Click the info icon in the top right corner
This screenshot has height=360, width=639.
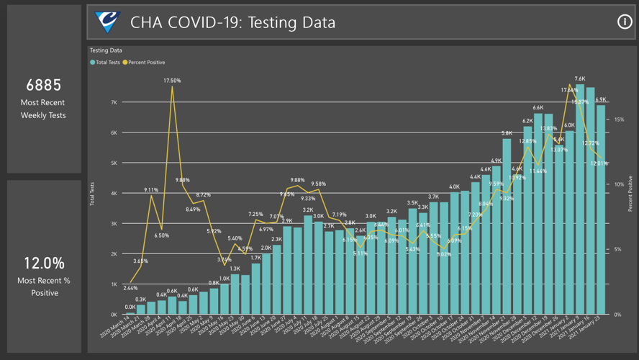[x=624, y=22]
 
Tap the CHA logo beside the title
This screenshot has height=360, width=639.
[x=108, y=22]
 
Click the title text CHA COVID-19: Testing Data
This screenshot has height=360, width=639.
[x=232, y=22]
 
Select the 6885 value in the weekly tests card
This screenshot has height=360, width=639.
[x=43, y=85]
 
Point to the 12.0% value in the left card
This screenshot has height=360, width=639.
[x=43, y=264]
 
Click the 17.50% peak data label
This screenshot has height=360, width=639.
[x=172, y=81]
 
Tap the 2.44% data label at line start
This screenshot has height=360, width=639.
[x=130, y=288]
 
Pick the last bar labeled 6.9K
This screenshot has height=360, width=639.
[x=601, y=209]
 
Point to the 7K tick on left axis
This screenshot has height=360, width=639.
[x=113, y=102]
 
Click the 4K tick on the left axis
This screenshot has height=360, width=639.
[x=113, y=193]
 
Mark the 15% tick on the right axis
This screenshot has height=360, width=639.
[x=619, y=120]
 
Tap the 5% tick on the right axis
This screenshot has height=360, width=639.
[x=619, y=250]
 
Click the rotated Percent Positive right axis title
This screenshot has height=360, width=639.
[x=631, y=194]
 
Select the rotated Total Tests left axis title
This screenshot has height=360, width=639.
[x=92, y=194]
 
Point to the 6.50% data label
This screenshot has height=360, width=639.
[x=162, y=235]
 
